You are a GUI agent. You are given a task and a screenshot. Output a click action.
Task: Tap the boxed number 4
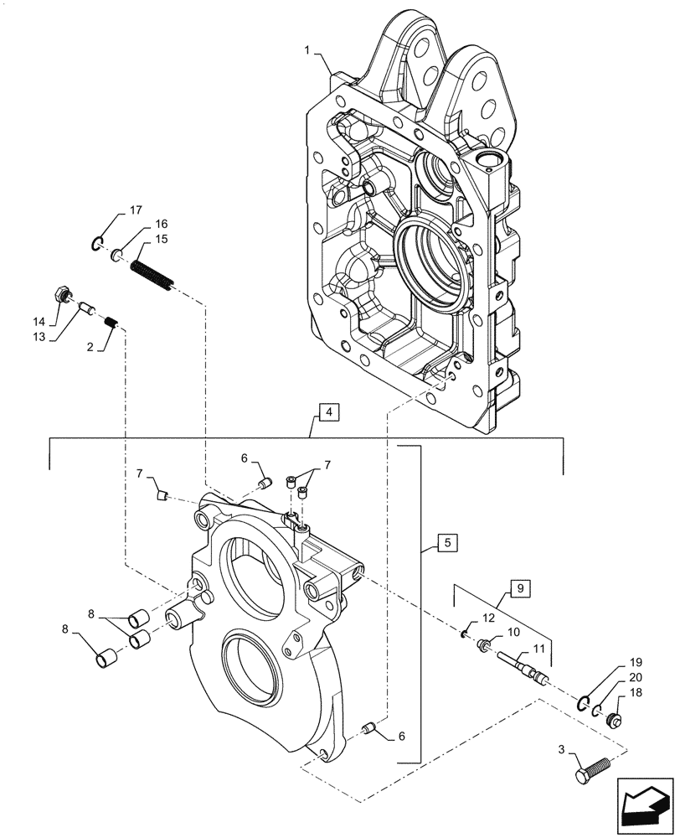(329, 411)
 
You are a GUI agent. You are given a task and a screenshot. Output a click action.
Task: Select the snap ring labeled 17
(98, 244)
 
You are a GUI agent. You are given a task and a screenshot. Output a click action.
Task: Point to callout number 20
(636, 678)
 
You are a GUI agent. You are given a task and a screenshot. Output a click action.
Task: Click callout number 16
(160, 224)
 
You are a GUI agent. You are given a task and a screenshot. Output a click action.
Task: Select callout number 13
(39, 337)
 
